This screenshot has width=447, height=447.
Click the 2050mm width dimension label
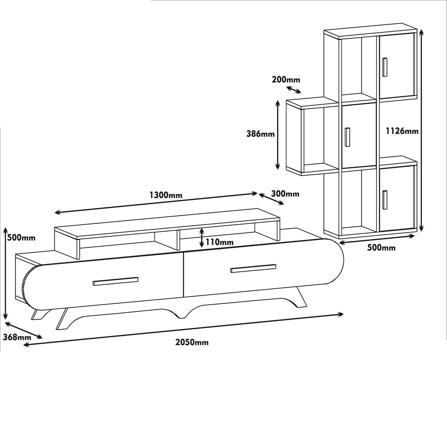point(192,342)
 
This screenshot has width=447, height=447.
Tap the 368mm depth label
point(17,337)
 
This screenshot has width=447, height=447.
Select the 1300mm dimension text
point(166,195)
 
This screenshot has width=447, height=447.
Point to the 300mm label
point(285,193)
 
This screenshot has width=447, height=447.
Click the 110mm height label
point(219,242)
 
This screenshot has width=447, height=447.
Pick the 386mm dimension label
point(260,134)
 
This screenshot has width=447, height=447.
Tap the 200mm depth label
point(286,80)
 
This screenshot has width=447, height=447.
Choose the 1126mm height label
point(402,131)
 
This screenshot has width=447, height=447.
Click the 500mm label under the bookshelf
point(381,248)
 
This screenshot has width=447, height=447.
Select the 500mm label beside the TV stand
point(21,238)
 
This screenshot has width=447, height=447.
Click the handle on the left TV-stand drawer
point(115,281)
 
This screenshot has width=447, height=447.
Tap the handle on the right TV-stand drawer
point(253,268)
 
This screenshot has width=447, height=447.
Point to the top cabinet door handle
point(385,67)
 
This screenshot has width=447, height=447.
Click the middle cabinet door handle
point(347,137)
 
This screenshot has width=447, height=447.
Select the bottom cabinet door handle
point(385,200)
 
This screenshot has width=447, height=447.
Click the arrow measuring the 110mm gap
point(202,237)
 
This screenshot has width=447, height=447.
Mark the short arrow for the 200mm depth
point(294,90)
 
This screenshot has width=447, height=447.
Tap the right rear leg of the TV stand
point(302,297)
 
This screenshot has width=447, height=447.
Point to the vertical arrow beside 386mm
point(278,135)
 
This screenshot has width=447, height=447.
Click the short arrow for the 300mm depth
point(271,199)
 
